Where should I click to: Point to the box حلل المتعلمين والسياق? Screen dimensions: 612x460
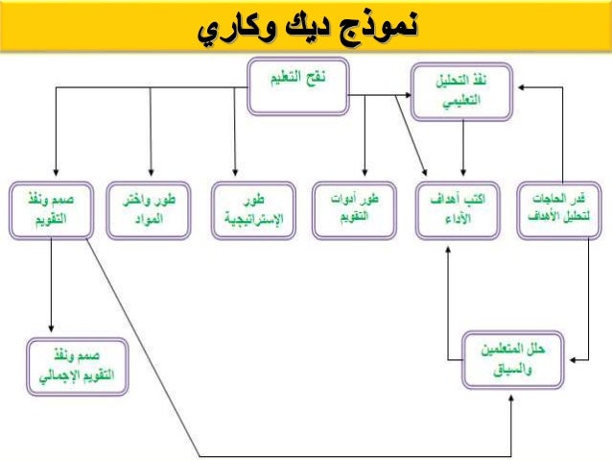coord(509,359)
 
